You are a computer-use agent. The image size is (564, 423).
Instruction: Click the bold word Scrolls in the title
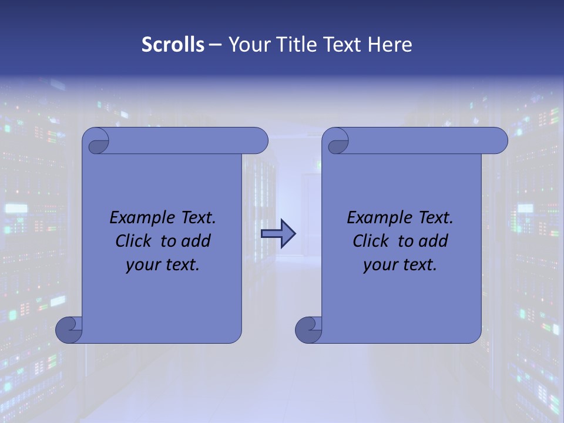173,45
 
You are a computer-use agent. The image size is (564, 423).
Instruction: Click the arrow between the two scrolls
278,234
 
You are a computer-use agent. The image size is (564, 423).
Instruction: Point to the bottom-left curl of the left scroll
68,330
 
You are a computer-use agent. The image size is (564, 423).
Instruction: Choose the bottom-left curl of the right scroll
308,330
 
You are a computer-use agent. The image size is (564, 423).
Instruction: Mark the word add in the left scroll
197,241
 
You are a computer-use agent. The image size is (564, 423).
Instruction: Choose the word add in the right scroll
434,241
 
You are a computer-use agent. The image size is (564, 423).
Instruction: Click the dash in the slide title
216,45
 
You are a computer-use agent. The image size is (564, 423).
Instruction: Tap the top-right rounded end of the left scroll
259,140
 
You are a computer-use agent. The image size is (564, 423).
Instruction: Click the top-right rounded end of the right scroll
499,140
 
